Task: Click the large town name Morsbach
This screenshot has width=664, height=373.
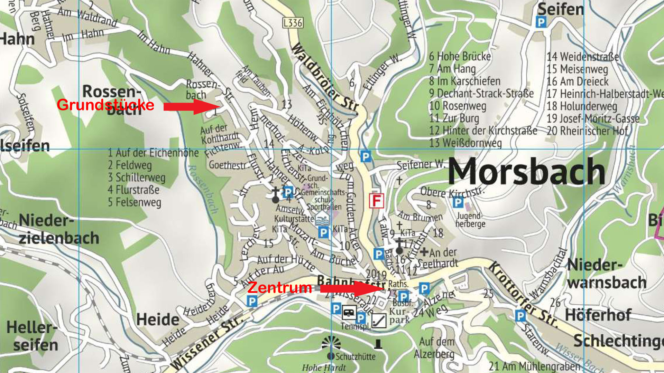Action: [x=526, y=172]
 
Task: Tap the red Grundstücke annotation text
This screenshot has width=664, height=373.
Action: [x=105, y=105]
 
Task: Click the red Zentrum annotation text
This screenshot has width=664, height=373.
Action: [x=279, y=288]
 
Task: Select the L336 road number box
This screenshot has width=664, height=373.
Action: [x=293, y=23]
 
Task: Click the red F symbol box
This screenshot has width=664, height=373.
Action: [x=376, y=201]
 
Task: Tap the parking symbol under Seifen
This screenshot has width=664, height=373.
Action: [x=541, y=23]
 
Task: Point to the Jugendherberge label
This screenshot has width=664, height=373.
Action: [x=470, y=220]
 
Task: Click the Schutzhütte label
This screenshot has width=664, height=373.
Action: [x=355, y=356]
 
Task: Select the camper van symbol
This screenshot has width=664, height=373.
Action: [x=349, y=313]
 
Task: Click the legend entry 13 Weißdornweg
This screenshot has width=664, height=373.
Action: [x=465, y=143]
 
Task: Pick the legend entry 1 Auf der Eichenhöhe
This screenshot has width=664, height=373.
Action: [x=153, y=153]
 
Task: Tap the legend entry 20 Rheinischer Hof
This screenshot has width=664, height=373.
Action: [x=587, y=131]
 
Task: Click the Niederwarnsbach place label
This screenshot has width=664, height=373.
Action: [x=606, y=274]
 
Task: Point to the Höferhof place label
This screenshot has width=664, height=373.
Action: [x=598, y=315]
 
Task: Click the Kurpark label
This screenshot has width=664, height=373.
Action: [x=399, y=316]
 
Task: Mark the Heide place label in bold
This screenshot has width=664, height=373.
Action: [x=158, y=319]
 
